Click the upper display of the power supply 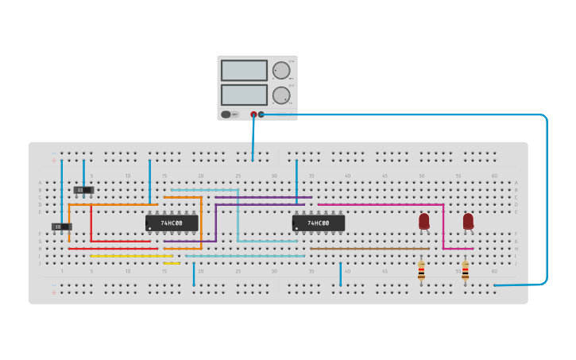(x=244, y=70)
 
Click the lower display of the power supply (x=244, y=95)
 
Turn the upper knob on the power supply (x=281, y=70)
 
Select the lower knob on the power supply (x=281, y=95)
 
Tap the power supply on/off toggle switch (x=226, y=114)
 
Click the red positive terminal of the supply (x=253, y=114)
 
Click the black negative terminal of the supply (x=261, y=114)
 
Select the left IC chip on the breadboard (x=171, y=223)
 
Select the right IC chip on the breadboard (x=318, y=223)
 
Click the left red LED (x=423, y=220)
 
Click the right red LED (x=468, y=220)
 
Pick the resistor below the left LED (x=421, y=272)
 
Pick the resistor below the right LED (x=465, y=272)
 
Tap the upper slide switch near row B (x=83, y=190)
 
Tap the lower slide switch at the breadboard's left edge (x=61, y=227)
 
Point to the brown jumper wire (x=369, y=249)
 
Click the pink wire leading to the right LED (x=381, y=204)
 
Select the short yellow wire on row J (x=172, y=263)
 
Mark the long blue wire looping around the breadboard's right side (x=547, y=199)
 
